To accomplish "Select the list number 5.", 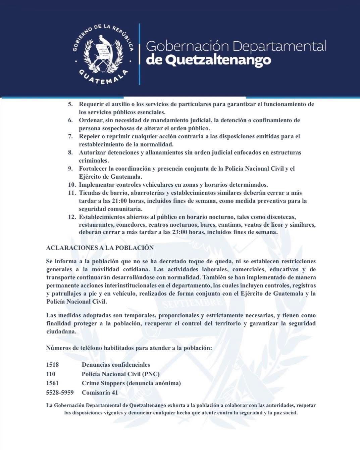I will pos(70,104).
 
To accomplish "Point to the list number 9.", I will pos(70,169).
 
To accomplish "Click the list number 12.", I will pos(72,217).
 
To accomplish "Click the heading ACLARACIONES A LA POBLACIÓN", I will pos(100,248).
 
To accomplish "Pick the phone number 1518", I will pos(52,365).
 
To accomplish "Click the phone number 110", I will pos(51,374).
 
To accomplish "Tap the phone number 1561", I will pos(52,383).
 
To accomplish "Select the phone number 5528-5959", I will pos(60,392).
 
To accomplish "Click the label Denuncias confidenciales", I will pos(116,365).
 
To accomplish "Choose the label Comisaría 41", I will pos(100,392).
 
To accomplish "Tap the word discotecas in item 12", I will pos(281,217).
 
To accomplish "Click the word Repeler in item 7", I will pos(89,136).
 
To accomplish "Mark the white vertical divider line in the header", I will pos(139,54).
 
